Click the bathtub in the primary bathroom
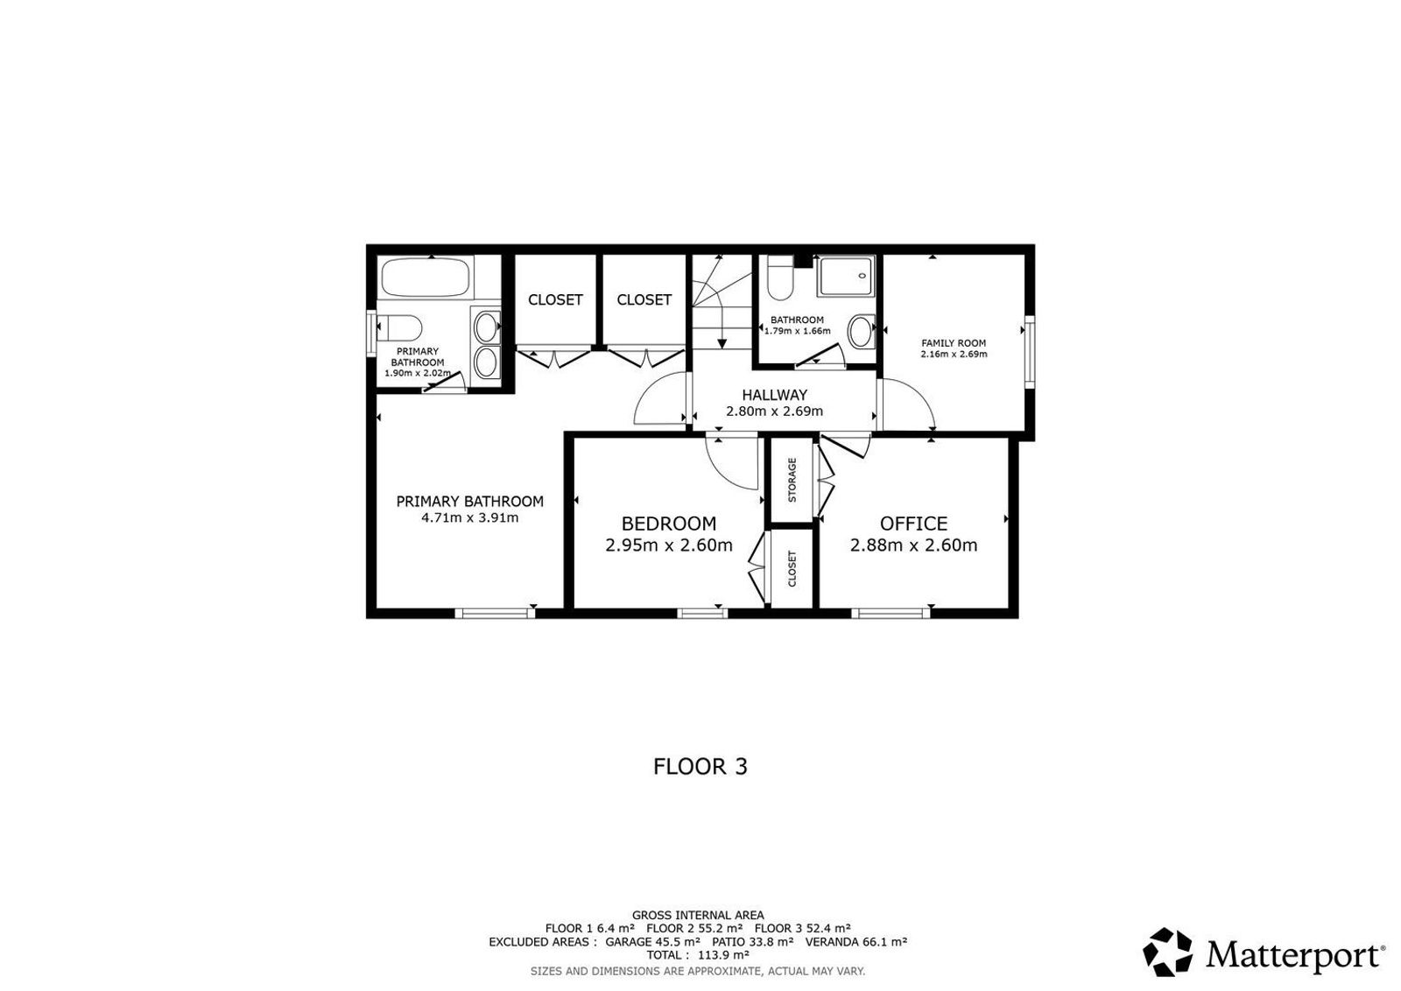point(427,277)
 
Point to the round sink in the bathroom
point(862,332)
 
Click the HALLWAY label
point(774,395)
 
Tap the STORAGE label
point(792,481)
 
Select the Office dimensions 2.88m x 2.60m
point(913,545)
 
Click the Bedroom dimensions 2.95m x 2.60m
point(669,545)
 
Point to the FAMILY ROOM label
point(954,342)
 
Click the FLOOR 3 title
point(700,767)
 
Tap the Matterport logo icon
point(1167,952)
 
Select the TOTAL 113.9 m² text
point(698,955)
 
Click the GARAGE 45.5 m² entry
point(652,942)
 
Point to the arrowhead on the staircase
point(722,344)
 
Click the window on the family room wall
point(1029,351)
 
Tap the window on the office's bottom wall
point(891,614)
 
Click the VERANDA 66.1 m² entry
point(855,942)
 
